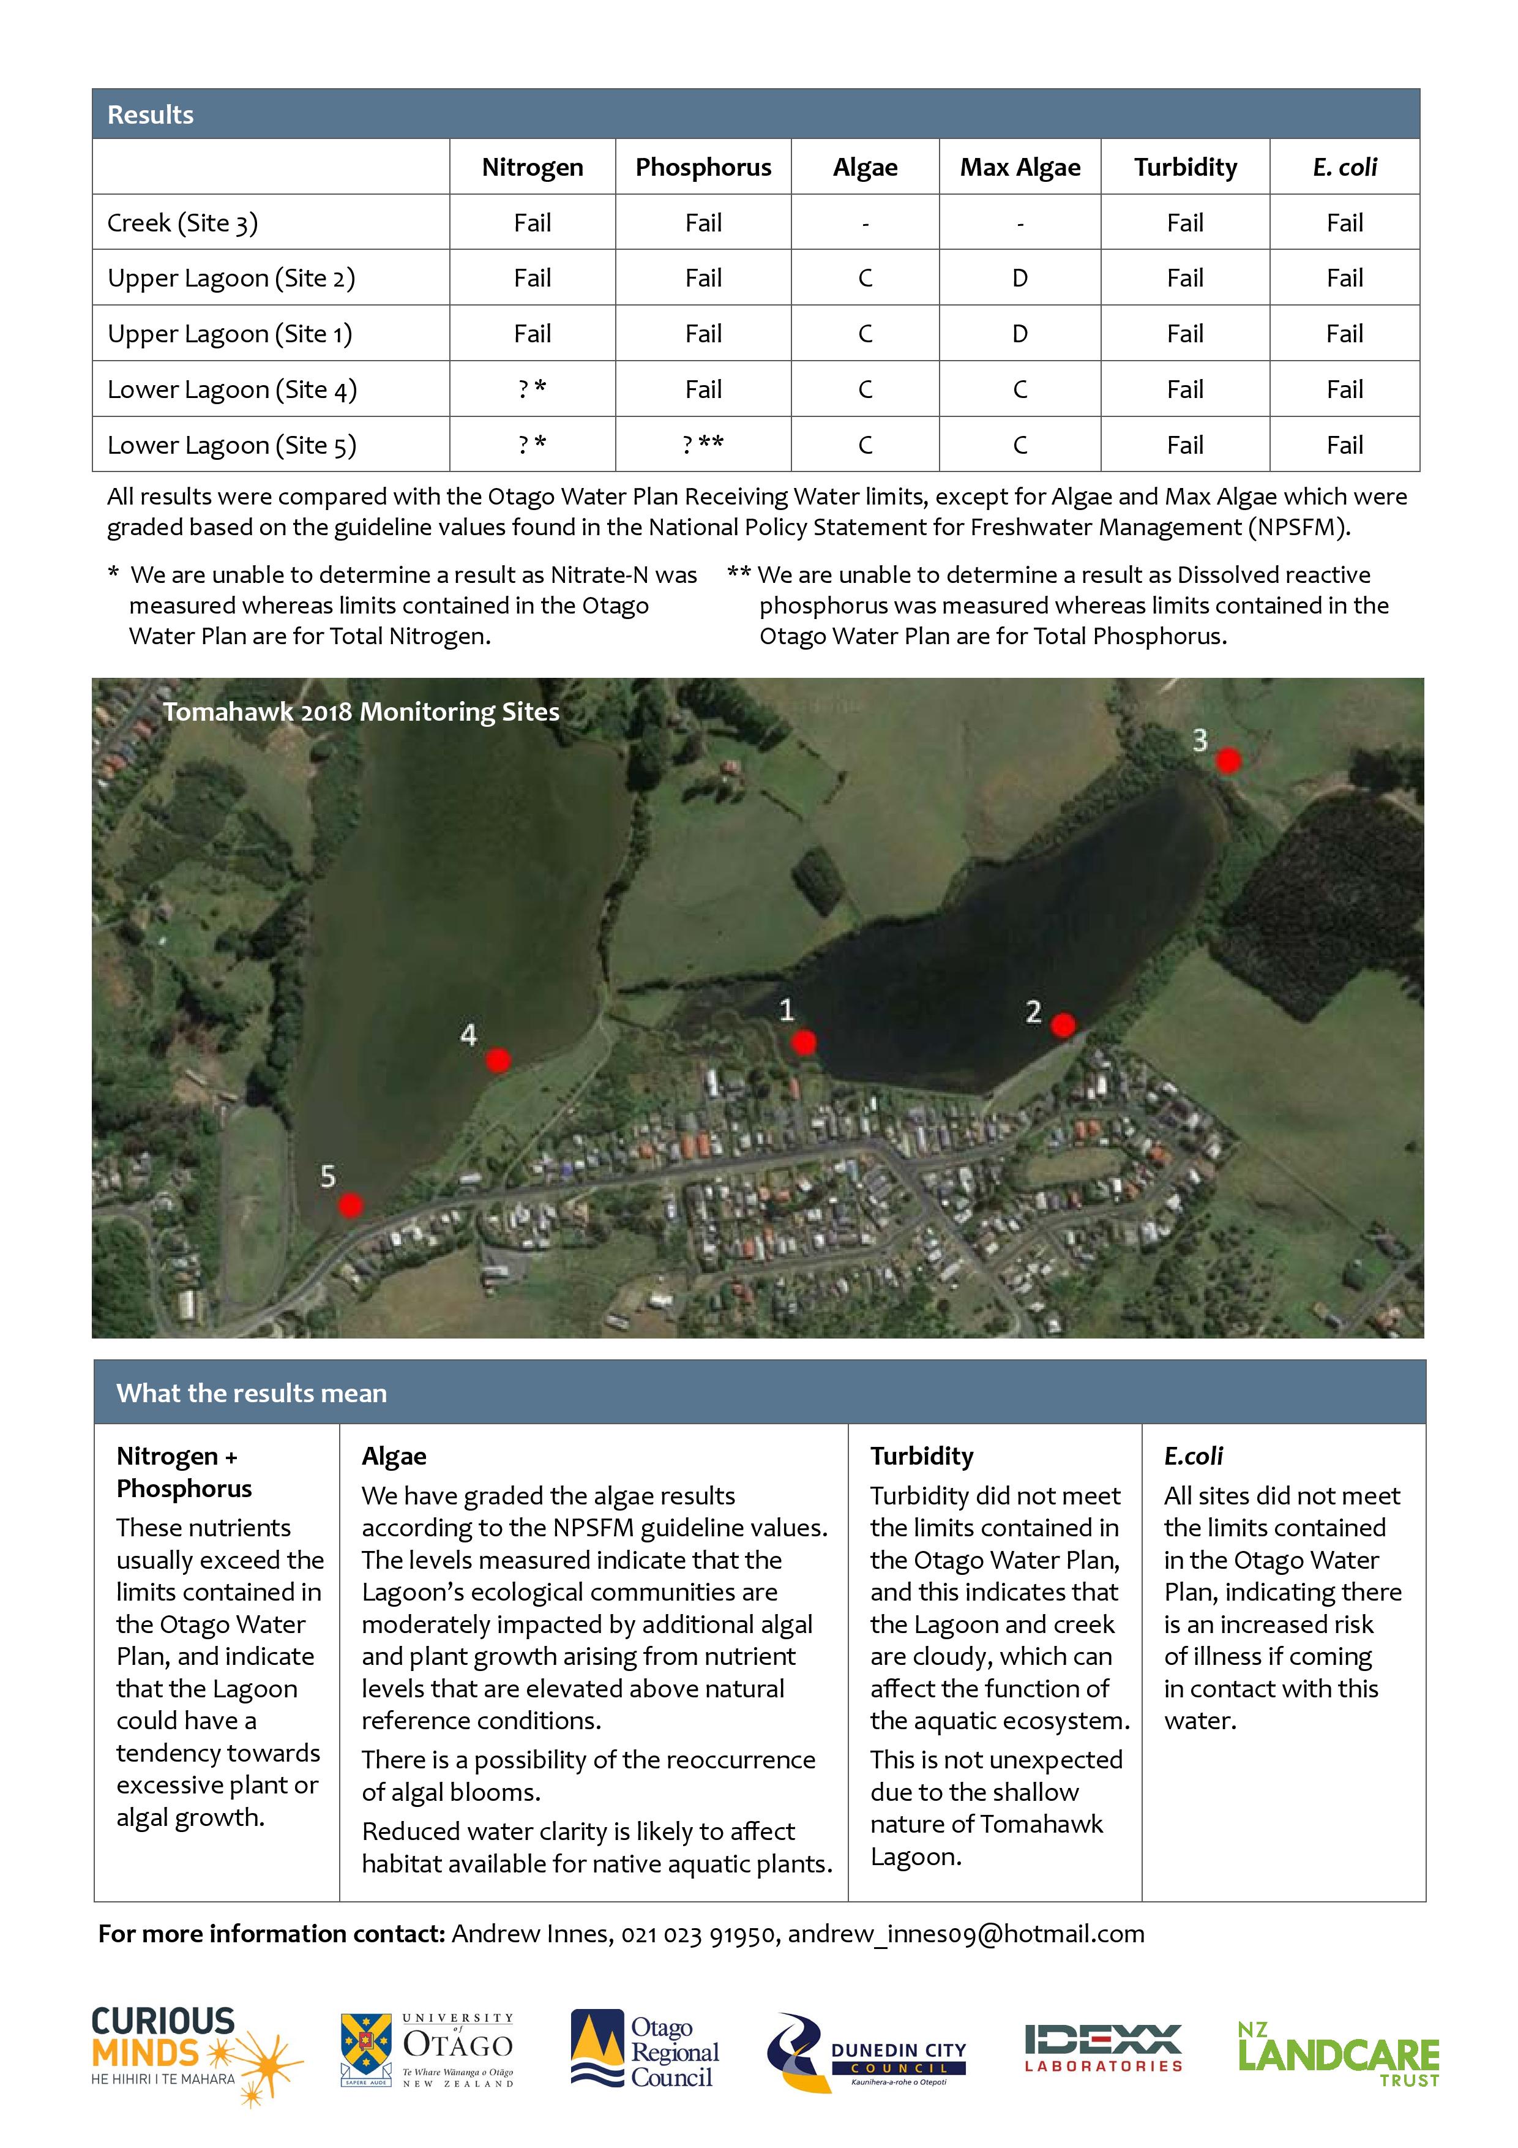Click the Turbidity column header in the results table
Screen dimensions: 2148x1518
click(1185, 167)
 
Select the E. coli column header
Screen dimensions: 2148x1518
click(1344, 167)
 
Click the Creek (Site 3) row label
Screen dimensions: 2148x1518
click(182, 223)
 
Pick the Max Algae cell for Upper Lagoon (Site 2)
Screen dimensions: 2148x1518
click(1020, 278)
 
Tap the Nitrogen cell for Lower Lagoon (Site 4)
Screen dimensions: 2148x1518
click(532, 389)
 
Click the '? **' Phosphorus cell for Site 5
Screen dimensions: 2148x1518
click(703, 445)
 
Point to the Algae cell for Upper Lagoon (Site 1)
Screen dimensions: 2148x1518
click(865, 334)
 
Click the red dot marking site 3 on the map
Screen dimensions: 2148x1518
click(1227, 760)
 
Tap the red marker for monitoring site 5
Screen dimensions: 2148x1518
click(350, 1205)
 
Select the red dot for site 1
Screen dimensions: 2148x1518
click(804, 1042)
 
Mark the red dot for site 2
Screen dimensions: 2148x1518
click(1063, 1026)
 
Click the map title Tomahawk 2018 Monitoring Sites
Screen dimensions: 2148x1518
click(361, 712)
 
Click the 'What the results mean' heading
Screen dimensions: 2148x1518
click(251, 1393)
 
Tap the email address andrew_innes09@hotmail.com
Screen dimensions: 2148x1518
click(965, 1934)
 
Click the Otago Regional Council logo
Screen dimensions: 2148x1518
click(645, 2052)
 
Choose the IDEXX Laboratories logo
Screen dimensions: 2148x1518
click(1104, 2048)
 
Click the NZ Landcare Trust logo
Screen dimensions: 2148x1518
click(1337, 2054)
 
